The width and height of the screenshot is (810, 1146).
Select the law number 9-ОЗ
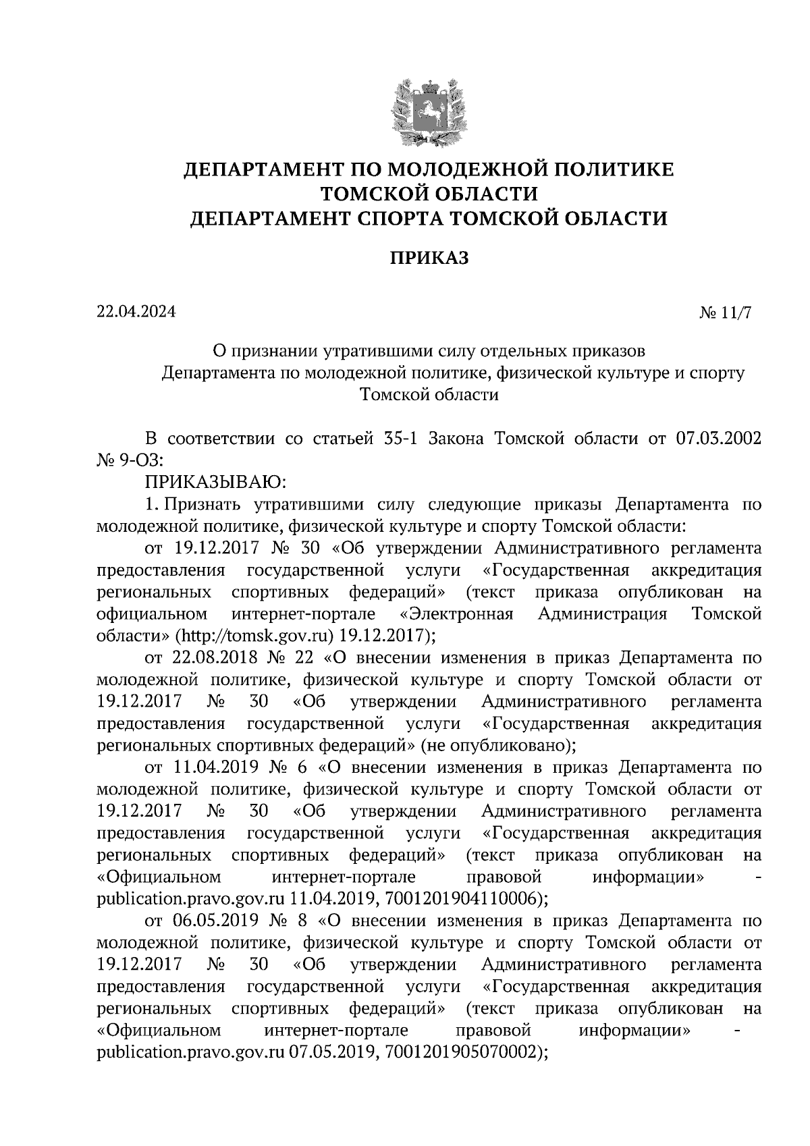(138, 461)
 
